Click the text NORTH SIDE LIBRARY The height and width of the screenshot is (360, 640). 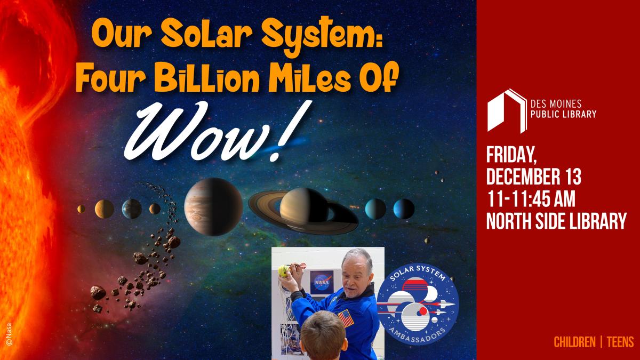(x=556, y=220)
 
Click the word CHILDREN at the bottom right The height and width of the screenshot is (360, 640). (x=575, y=341)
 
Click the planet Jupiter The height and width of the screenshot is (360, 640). (x=213, y=206)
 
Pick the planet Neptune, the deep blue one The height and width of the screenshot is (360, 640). (x=404, y=209)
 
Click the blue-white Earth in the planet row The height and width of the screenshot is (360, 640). (x=132, y=208)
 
